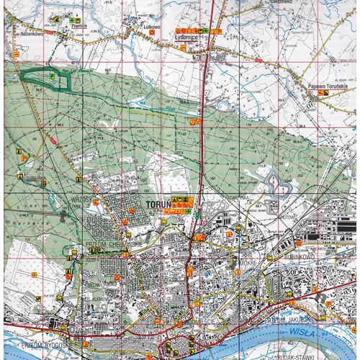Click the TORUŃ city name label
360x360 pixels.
pos(157,204)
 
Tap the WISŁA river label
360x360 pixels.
pos(302,332)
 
